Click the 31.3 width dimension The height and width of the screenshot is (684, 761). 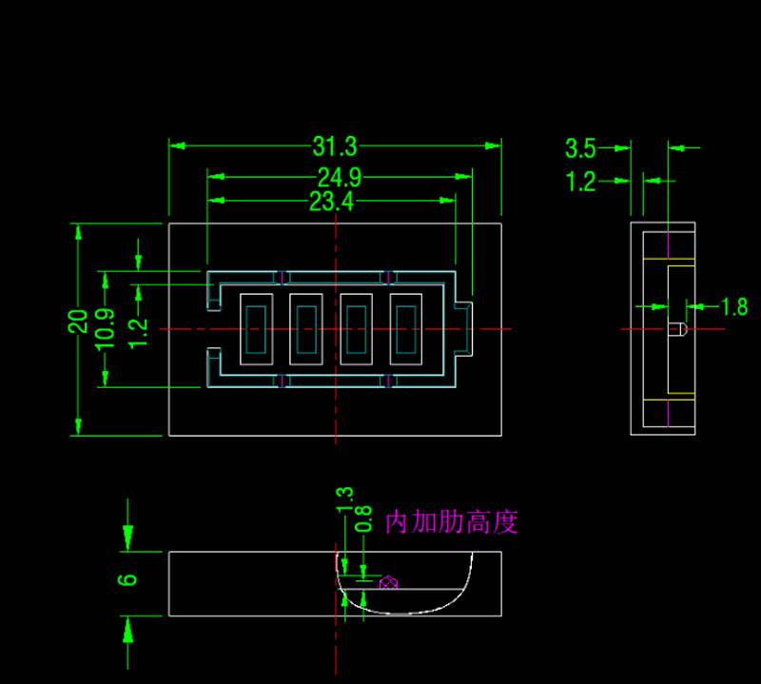point(334,147)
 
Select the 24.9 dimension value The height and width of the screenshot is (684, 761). point(340,177)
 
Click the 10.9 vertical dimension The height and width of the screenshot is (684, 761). point(107,328)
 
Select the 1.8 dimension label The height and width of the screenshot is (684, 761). point(734,306)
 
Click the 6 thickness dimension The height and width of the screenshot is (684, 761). point(130,578)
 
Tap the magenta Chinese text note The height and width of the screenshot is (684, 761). point(451,522)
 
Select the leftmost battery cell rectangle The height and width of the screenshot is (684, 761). point(255,328)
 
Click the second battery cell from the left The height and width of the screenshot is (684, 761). point(305,328)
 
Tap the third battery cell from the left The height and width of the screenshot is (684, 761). point(356,328)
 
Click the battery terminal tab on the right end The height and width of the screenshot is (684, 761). point(463,328)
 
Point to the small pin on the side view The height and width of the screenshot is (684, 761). point(676,329)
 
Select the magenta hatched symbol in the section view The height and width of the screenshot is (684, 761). point(388,582)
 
